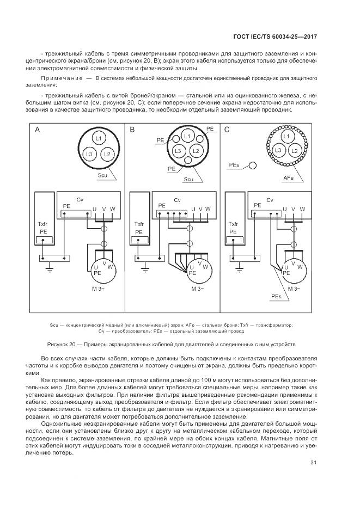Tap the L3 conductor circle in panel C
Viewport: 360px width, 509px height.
[278, 150]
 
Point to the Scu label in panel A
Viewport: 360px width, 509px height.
[102, 175]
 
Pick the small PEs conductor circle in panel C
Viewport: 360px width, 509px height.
[252, 164]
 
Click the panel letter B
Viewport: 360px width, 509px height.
[132, 130]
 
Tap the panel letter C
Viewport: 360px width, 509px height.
[227, 130]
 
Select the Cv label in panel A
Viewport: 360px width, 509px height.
[80, 199]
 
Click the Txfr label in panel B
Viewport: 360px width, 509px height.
[139, 224]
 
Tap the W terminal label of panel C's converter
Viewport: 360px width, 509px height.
[303, 209]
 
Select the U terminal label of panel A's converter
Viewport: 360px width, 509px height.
[95, 209]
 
